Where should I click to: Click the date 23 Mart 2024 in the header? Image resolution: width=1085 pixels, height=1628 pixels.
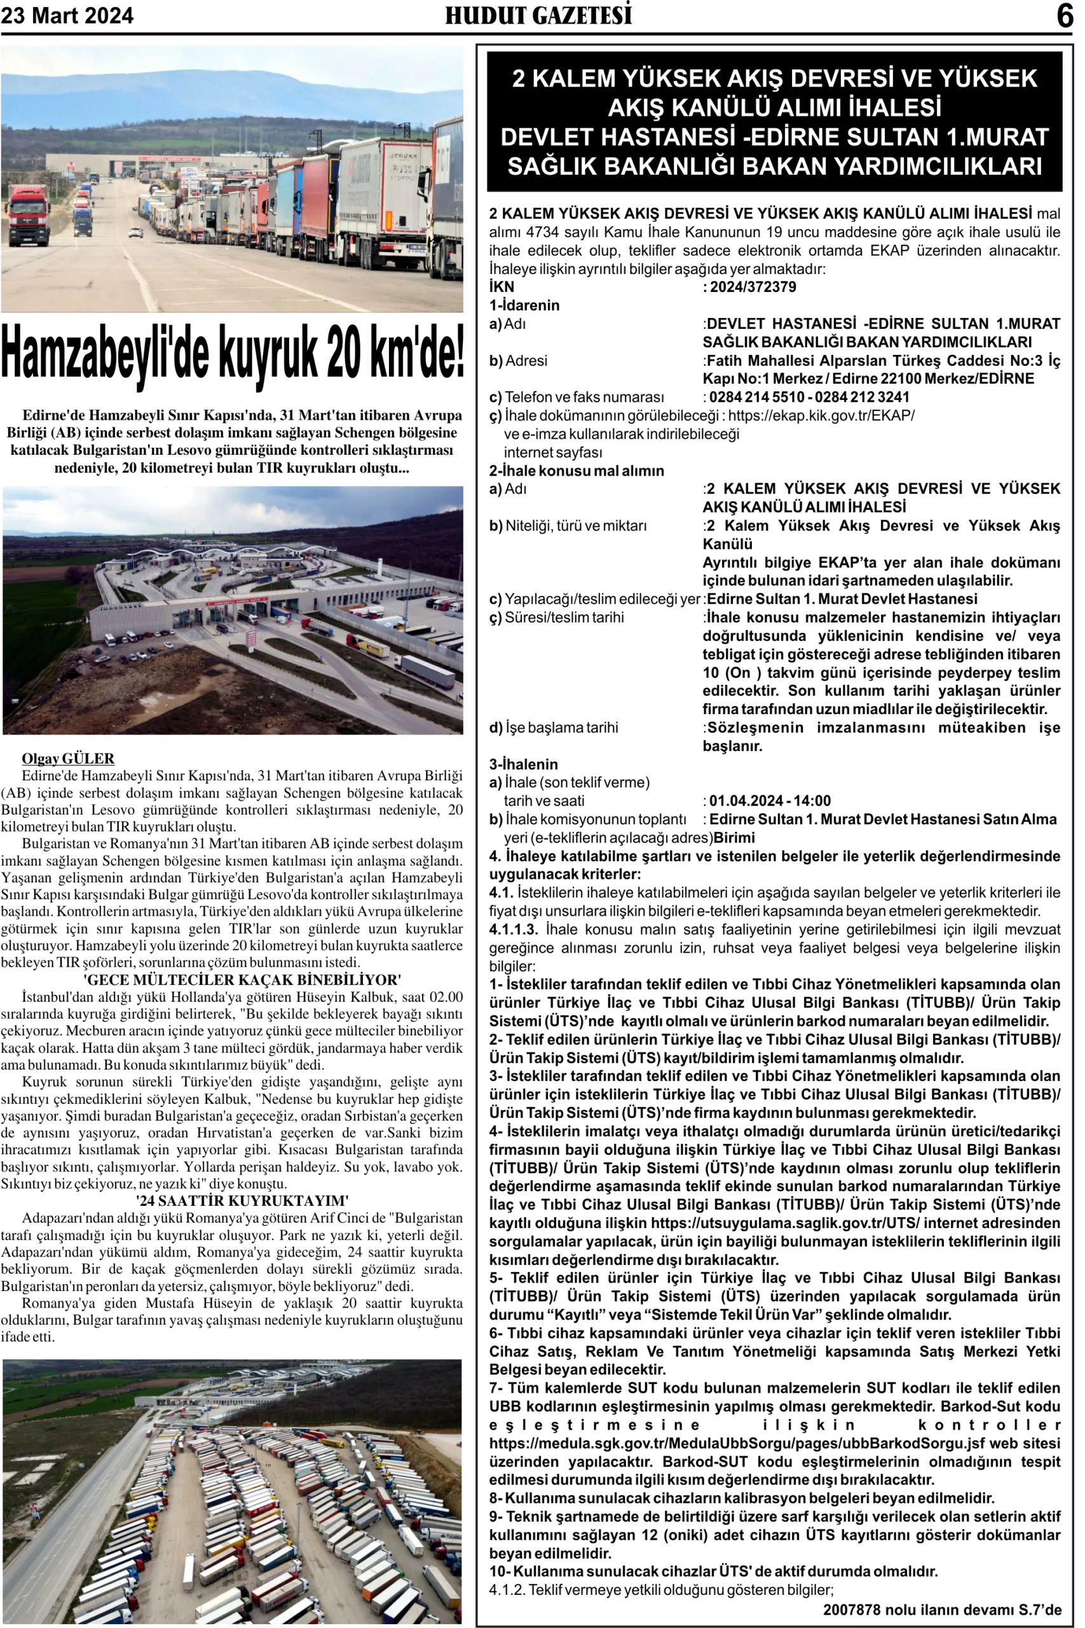pos(67,15)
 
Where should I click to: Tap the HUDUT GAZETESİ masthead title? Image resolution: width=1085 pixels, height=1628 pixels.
pos(538,15)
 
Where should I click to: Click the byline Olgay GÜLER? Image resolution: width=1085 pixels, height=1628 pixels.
pos(68,759)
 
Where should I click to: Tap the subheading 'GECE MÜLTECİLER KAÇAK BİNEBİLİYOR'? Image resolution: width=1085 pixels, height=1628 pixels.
pos(242,980)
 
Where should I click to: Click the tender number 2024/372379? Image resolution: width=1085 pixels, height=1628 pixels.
pos(753,287)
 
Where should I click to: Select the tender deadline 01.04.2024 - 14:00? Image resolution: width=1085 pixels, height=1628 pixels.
pos(770,801)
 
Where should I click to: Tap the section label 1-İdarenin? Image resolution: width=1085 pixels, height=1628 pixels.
pos(524,306)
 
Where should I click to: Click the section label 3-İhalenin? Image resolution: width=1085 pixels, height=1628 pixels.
pos(524,764)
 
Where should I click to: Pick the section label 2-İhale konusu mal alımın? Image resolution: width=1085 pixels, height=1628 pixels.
pos(577,471)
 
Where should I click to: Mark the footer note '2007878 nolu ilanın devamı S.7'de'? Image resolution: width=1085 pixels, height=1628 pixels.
pos(941,1610)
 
